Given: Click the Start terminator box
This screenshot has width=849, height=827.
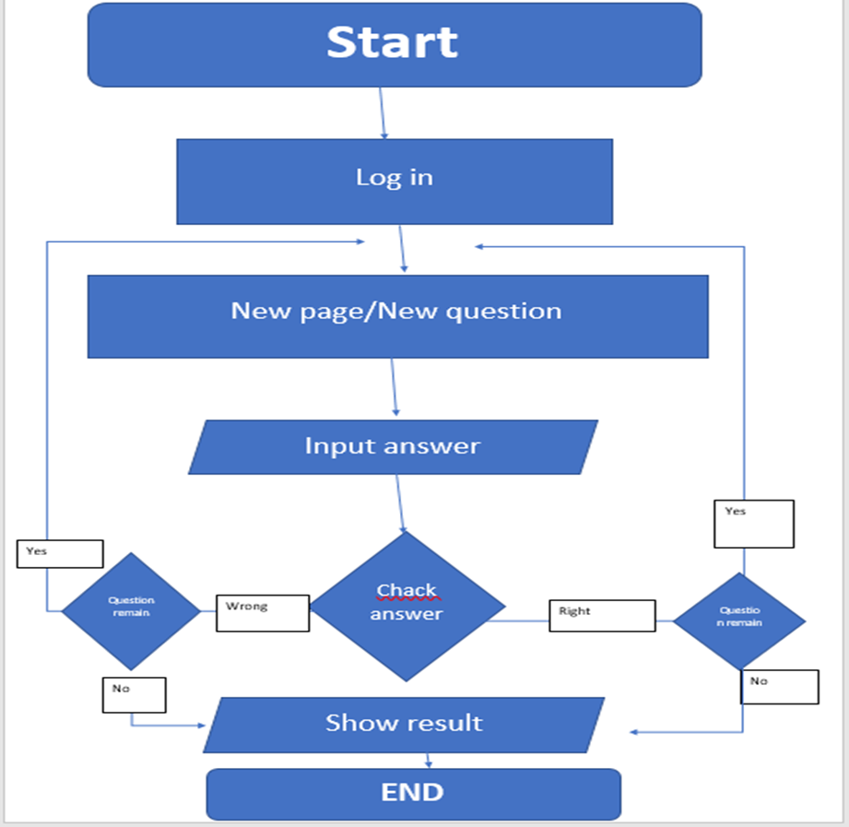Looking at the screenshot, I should tap(395, 44).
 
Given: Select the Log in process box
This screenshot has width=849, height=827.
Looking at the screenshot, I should tap(395, 181).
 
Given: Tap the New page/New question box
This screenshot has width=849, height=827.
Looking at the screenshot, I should tap(397, 315).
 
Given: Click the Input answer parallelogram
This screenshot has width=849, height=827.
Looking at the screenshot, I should tap(393, 447).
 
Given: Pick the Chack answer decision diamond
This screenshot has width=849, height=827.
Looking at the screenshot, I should tap(407, 606).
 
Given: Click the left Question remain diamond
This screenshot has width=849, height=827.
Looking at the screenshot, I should tap(131, 610).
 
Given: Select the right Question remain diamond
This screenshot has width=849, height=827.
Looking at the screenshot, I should tap(738, 620).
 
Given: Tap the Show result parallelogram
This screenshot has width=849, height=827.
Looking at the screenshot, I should tap(404, 724).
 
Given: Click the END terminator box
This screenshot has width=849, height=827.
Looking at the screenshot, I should tap(413, 793).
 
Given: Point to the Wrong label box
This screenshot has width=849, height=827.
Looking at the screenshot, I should tap(263, 612).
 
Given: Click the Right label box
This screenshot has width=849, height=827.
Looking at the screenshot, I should tap(601, 615).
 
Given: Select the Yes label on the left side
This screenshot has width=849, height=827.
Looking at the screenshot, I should tap(60, 553).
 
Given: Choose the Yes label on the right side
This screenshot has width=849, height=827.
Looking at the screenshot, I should tap(753, 523).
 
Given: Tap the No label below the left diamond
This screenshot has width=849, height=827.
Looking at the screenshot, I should tap(134, 694).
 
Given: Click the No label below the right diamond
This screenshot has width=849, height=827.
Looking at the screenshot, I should tap(779, 687).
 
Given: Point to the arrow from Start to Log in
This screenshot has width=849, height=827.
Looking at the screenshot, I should tap(383, 112).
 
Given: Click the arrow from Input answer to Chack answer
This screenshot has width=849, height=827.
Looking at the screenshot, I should tap(400, 502).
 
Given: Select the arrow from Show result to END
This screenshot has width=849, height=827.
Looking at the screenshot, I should tap(429, 760).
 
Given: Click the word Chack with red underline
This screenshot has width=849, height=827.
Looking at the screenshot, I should tap(407, 591).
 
